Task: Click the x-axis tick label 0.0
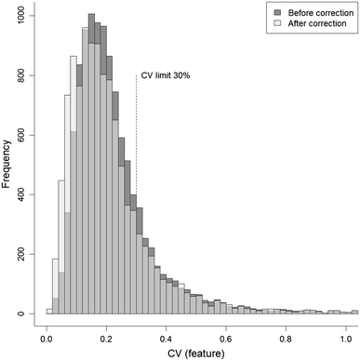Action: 47,329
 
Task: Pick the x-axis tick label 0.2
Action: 107,329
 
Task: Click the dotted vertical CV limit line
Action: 137,140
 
